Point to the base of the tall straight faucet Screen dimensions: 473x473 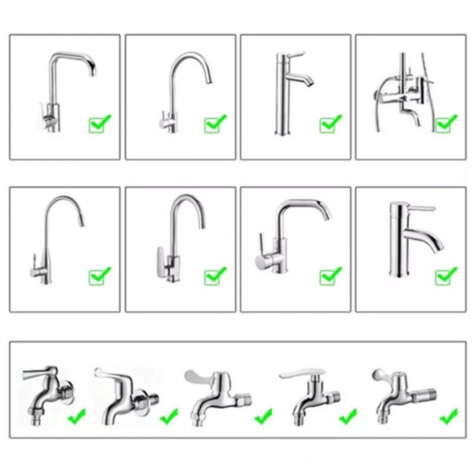click(x=281, y=133)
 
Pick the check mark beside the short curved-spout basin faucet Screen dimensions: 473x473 click(x=446, y=275)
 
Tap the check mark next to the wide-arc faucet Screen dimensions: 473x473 click(x=331, y=275)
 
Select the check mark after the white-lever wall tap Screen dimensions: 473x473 click(x=348, y=416)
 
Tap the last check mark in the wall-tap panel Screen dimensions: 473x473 click(x=448, y=416)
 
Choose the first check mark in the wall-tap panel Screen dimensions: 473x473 click(x=76, y=416)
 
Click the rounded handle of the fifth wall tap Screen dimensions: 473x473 click(x=380, y=375)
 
